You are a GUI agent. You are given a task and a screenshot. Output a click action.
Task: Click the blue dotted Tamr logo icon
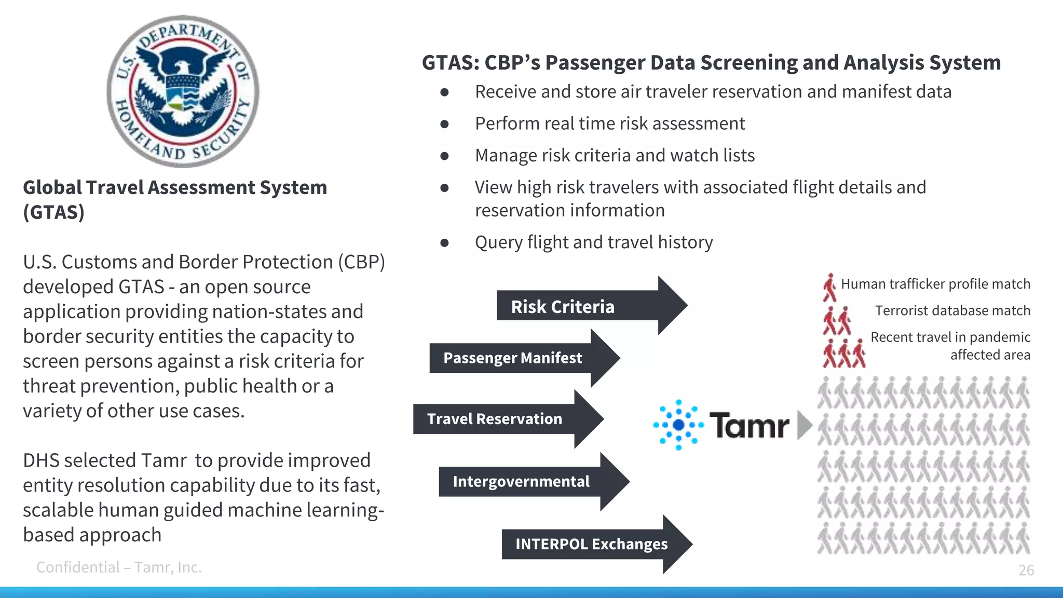pyautogui.click(x=678, y=425)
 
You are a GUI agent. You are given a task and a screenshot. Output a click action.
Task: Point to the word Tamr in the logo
pyautogui.click(x=749, y=426)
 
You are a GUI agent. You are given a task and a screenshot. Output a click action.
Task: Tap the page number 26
pyautogui.click(x=1026, y=570)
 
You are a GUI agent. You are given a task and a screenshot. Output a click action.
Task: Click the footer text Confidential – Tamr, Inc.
pyautogui.click(x=119, y=567)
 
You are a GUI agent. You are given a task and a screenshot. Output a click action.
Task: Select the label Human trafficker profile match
pyautogui.click(x=935, y=284)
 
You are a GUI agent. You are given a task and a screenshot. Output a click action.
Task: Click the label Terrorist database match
pyautogui.click(x=952, y=310)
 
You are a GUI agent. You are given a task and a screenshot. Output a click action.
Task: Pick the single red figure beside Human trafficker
pyautogui.click(x=829, y=288)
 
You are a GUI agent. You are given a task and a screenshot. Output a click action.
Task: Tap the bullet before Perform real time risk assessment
pyautogui.click(x=444, y=124)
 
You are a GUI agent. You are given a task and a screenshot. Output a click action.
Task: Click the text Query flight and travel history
pyautogui.click(x=594, y=242)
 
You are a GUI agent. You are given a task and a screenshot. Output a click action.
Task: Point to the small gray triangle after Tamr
pyautogui.click(x=803, y=425)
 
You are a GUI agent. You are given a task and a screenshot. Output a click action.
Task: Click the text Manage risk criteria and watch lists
pyautogui.click(x=615, y=156)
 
